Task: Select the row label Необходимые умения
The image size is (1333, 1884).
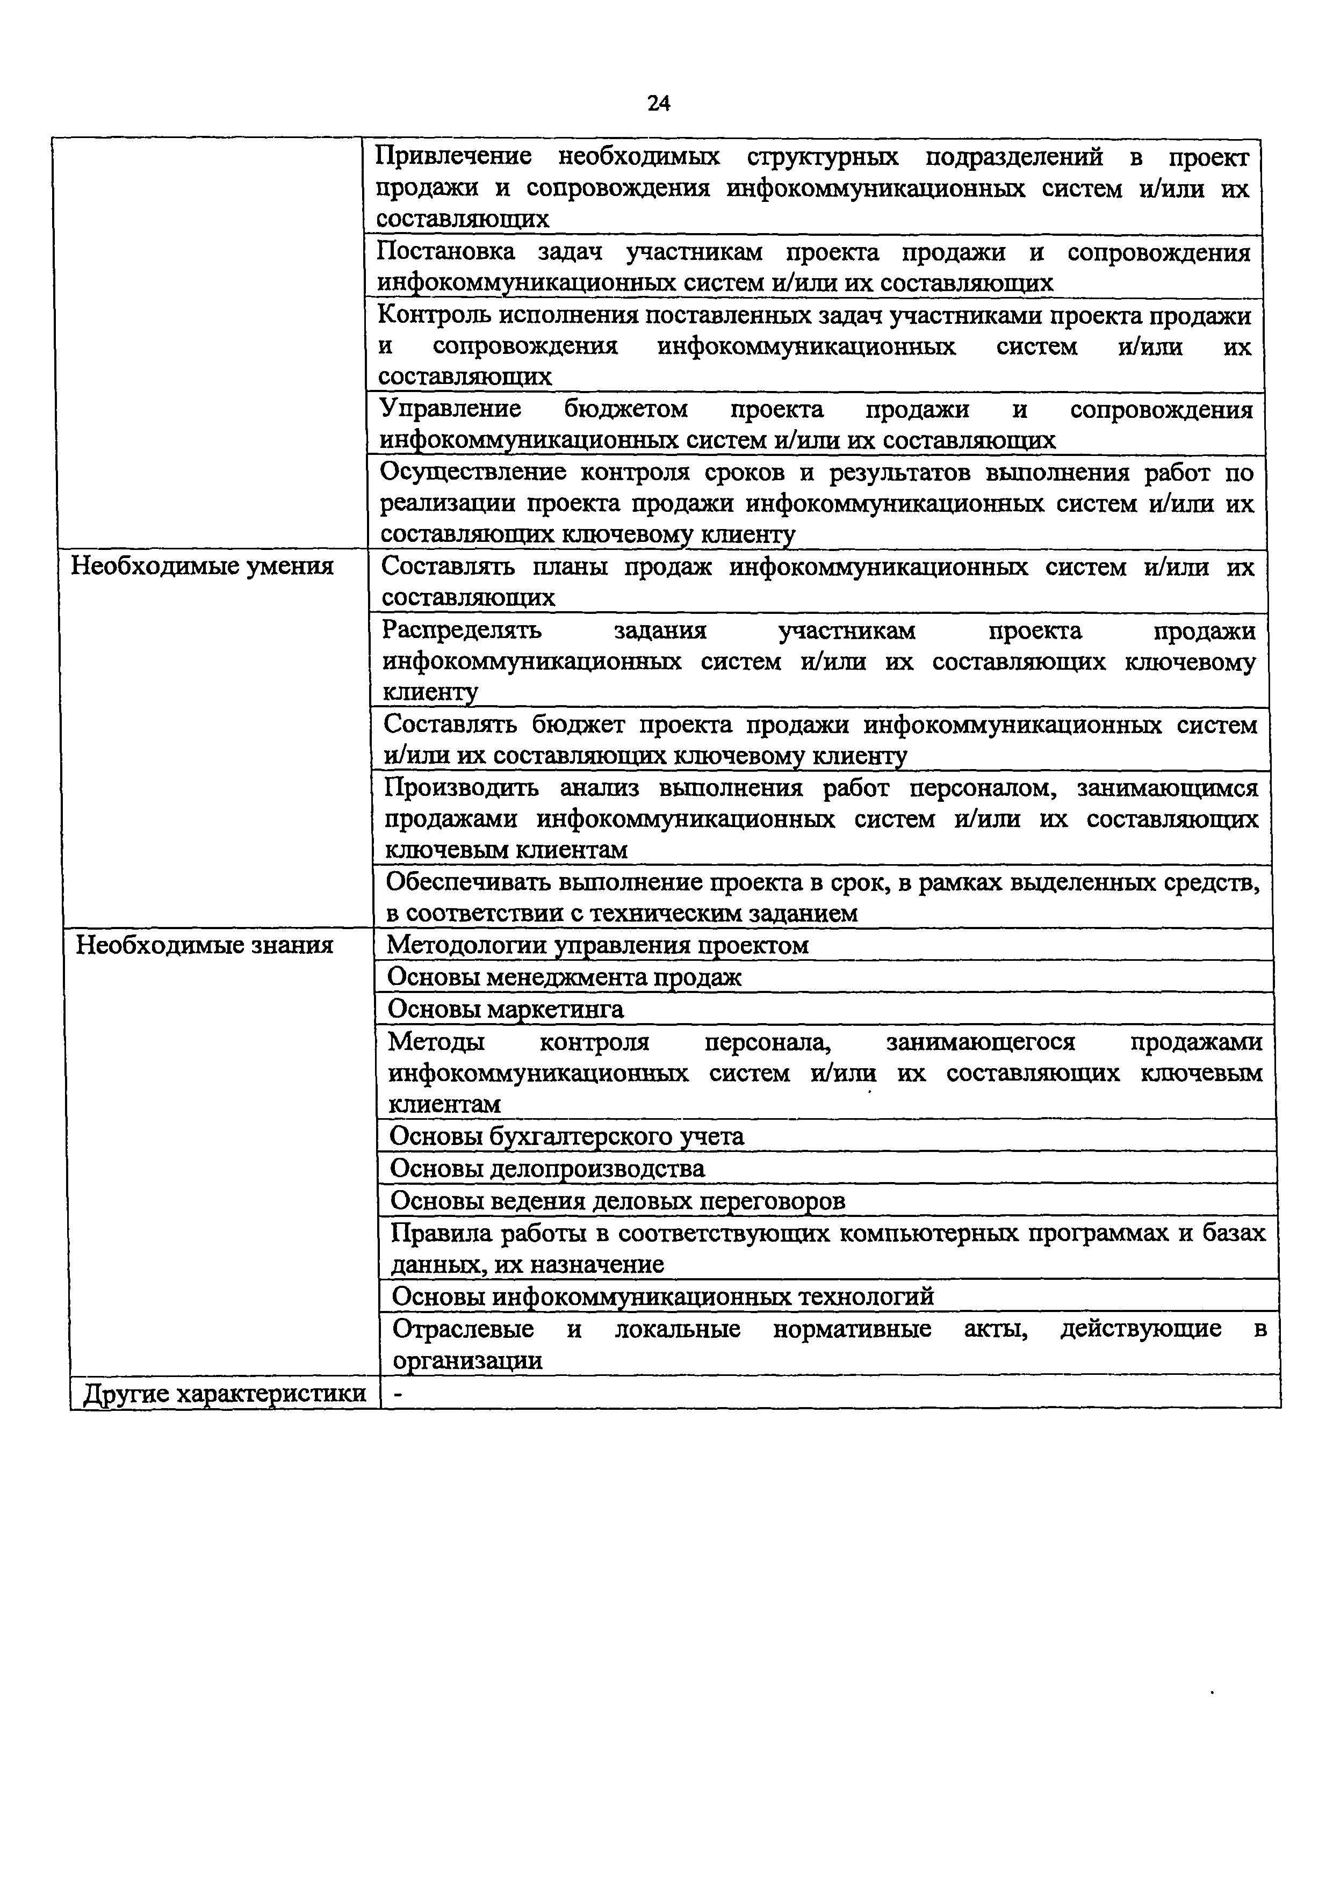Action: click(x=202, y=567)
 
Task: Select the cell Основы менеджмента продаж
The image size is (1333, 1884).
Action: click(x=564, y=977)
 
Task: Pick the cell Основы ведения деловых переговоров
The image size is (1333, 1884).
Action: click(x=617, y=1201)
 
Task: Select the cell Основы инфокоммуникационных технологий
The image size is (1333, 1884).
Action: click(x=662, y=1296)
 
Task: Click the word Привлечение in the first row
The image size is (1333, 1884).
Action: click(x=453, y=157)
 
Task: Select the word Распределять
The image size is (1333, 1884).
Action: click(x=462, y=631)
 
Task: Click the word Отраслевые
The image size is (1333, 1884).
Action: click(x=463, y=1329)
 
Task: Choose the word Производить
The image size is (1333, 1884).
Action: click(x=462, y=788)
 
